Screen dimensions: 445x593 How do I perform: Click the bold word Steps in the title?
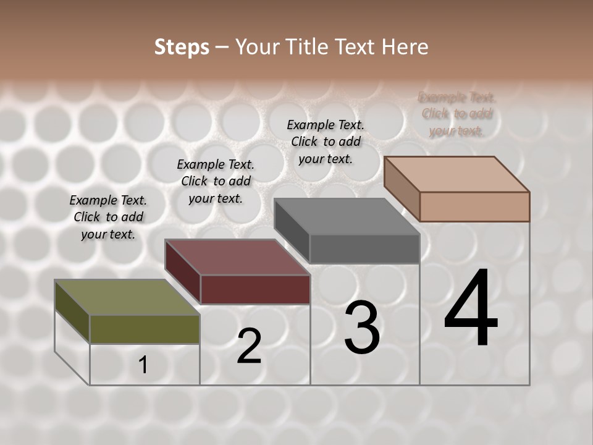click(x=182, y=47)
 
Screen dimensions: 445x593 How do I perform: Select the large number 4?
click(x=471, y=309)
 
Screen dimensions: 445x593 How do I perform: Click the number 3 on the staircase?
click(x=361, y=328)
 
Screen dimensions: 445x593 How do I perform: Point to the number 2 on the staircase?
click(x=249, y=346)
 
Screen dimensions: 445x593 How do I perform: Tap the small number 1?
click(x=143, y=365)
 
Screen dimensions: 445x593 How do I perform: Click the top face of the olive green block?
click(x=127, y=297)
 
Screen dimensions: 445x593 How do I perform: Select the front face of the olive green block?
click(x=145, y=329)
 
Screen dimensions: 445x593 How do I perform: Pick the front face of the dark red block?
click(x=255, y=289)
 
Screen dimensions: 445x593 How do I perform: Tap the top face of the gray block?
click(x=347, y=216)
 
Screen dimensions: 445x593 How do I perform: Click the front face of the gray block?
click(x=364, y=248)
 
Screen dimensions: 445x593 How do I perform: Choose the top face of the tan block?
click(x=457, y=174)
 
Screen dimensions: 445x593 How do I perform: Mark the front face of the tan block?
click(x=474, y=206)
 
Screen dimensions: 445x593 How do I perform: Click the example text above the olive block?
click(x=108, y=217)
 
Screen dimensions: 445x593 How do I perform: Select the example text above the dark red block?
click(x=216, y=181)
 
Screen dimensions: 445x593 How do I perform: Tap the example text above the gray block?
click(x=326, y=142)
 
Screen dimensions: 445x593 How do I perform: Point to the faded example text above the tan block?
click(x=456, y=114)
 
